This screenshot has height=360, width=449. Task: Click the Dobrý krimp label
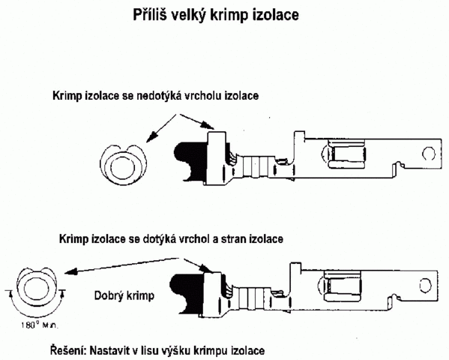pos(124,295)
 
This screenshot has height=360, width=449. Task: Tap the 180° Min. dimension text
pos(40,325)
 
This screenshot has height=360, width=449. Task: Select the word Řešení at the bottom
pos(68,350)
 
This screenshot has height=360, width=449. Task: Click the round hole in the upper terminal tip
pos(429,154)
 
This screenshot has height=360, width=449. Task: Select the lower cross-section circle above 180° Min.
pos(37,287)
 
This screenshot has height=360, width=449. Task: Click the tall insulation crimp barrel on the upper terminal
pos(217,157)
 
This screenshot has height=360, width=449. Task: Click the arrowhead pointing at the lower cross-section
pos(71,271)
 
